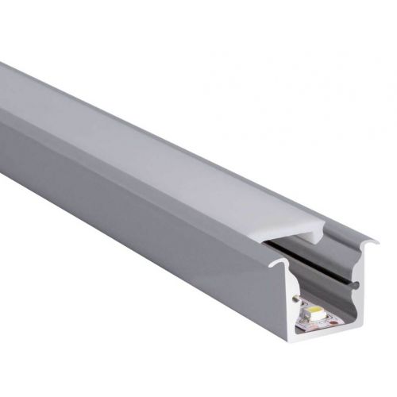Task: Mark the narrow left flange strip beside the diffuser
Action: pyautogui.click(x=119, y=135)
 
